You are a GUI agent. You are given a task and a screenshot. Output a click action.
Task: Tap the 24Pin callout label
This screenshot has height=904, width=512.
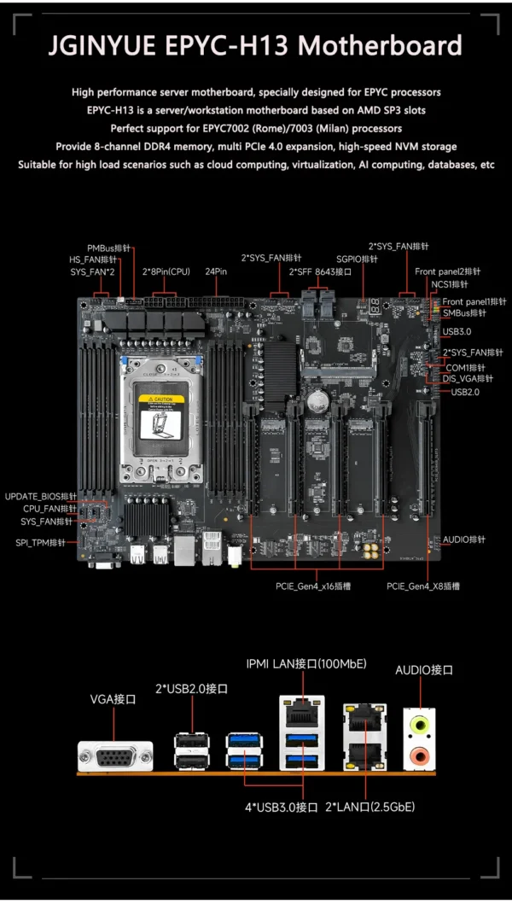[x=216, y=271]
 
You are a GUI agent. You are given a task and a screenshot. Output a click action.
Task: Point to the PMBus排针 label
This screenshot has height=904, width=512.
[x=109, y=248]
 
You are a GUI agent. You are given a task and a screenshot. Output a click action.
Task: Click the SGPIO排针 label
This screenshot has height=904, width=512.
[x=357, y=259]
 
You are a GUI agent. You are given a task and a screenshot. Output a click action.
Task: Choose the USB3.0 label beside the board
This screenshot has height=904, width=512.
[x=457, y=331]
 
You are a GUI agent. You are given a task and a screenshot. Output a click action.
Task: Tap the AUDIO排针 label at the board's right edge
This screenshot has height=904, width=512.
[x=463, y=539]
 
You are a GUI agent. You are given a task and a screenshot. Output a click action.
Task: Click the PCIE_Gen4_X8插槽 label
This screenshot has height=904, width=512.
[x=423, y=586]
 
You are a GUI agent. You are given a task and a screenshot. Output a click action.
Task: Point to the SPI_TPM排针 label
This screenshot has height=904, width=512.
[x=40, y=542]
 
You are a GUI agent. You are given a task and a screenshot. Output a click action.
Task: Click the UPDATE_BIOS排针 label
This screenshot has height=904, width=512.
[x=40, y=496]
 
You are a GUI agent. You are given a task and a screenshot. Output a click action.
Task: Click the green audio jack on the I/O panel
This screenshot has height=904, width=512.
[x=419, y=723]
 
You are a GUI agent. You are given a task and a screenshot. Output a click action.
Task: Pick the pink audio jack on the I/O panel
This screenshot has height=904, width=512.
[x=419, y=755]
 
